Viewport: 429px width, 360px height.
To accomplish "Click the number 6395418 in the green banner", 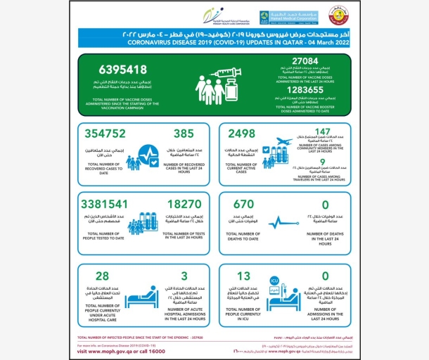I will pyautogui.click(x=114, y=71).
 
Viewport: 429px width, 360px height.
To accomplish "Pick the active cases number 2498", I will pyautogui.click(x=242, y=134).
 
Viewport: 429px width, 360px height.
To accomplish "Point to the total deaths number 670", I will pyautogui.click(x=241, y=205).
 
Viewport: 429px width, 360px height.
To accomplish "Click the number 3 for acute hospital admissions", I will pyautogui.click(x=184, y=276).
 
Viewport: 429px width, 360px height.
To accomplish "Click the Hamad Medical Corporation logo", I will pyautogui.click(x=279, y=16).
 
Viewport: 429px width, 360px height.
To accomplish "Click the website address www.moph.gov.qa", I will pyautogui.click(x=109, y=351).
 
